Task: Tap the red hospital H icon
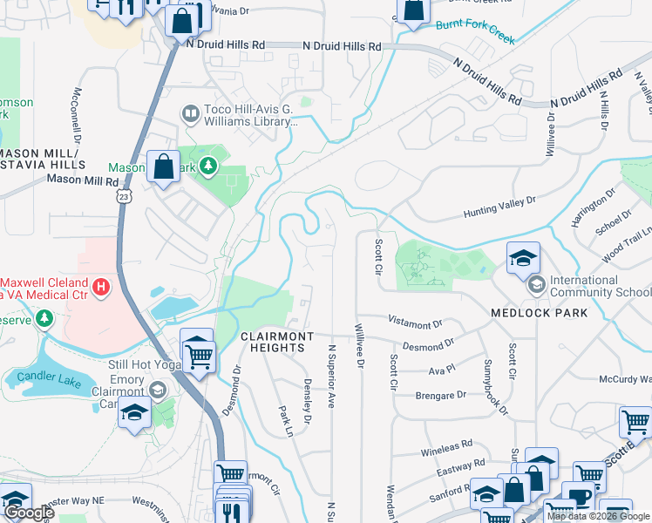coord(102,285)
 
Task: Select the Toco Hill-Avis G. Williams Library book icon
coord(189,113)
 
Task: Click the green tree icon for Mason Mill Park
coord(208,166)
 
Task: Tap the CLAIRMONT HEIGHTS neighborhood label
coord(273,341)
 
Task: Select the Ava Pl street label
coord(443,369)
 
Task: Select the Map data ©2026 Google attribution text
coord(598,516)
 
